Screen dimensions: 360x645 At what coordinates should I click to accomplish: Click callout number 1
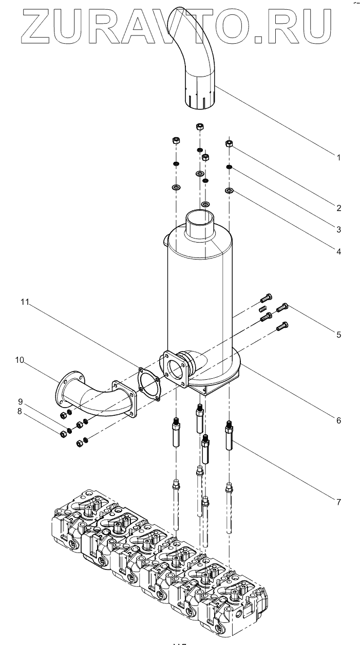tap(339, 157)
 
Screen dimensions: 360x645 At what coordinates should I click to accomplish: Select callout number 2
tap(339, 208)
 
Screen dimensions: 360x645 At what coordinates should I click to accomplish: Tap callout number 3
tap(339, 230)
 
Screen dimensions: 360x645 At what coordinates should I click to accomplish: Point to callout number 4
tap(339, 251)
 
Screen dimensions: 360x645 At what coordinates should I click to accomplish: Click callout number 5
tap(339, 335)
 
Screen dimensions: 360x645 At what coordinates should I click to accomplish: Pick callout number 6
tap(339, 420)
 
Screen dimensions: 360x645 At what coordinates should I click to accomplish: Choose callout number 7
tap(339, 502)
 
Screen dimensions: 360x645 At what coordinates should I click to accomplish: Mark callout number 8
tap(20, 411)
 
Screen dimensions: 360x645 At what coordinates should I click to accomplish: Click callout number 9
tap(20, 401)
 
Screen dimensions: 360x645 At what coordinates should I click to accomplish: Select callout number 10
tap(20, 360)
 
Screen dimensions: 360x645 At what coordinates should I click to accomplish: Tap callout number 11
tap(25, 302)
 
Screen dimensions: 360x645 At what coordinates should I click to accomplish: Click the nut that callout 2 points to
tap(229, 143)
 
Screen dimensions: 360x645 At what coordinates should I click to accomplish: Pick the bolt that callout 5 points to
tap(282, 308)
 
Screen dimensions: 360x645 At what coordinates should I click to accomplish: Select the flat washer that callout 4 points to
tap(229, 190)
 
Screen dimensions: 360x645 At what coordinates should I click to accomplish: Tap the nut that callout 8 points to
tap(63, 434)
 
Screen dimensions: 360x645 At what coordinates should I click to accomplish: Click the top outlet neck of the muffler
tap(200, 223)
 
